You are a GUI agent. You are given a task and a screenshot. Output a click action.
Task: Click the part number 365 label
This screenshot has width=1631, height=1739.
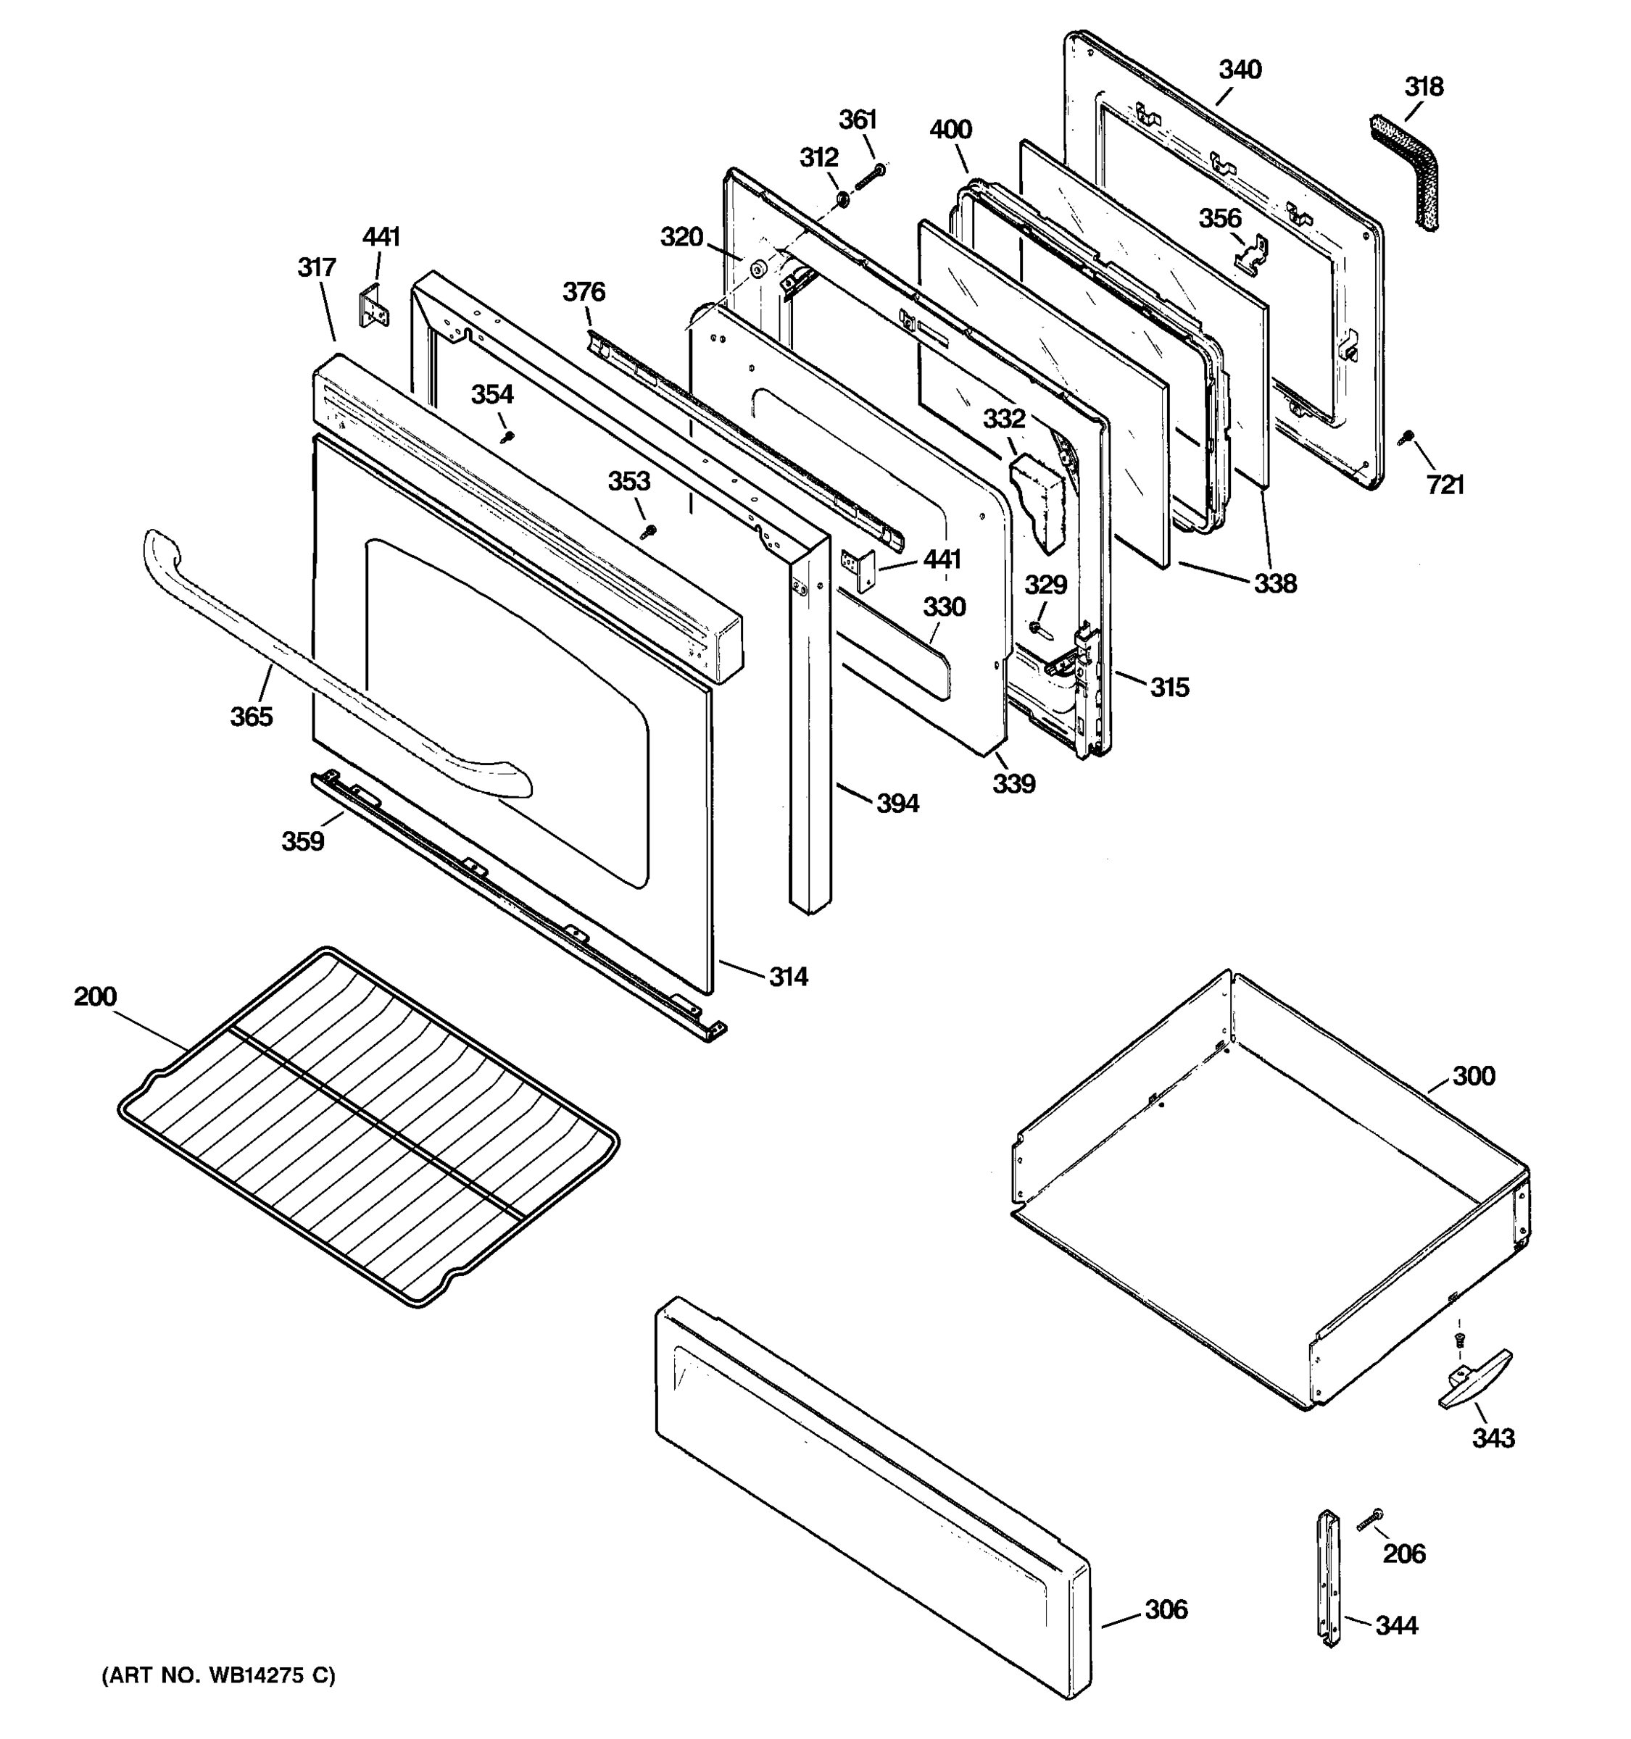(251, 717)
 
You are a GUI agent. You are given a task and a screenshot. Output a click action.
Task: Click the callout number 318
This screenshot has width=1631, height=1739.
(1424, 87)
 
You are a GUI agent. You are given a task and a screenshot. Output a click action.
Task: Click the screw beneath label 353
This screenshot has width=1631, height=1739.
(647, 530)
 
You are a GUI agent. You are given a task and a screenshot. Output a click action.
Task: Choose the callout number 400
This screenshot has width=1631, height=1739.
(950, 130)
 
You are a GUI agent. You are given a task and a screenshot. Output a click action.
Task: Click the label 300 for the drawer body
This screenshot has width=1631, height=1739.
(1474, 1076)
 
